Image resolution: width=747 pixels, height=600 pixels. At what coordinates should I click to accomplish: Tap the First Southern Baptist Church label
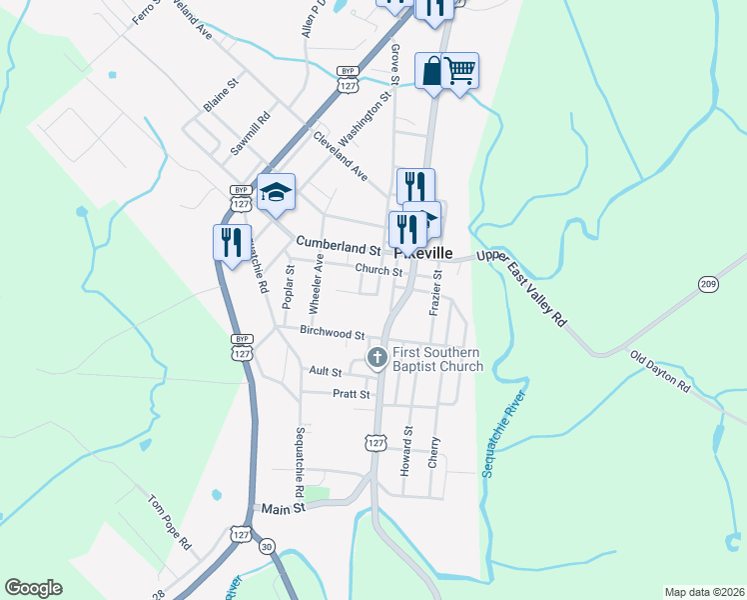[x=436, y=359]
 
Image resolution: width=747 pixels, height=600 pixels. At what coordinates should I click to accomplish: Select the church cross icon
[x=376, y=357]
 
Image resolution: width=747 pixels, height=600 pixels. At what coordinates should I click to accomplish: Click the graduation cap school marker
[x=276, y=192]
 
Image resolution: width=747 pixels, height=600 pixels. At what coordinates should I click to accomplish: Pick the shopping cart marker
[x=459, y=71]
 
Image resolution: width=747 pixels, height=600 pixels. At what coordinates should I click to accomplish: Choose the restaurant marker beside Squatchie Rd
[x=231, y=242]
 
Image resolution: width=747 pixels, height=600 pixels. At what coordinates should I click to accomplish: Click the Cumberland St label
[x=338, y=245]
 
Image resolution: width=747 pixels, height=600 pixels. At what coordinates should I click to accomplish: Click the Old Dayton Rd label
[x=659, y=371]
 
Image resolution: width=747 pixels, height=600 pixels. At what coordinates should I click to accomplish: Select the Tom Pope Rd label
[x=169, y=521]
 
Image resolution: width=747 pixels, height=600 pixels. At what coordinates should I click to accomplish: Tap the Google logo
[x=34, y=588]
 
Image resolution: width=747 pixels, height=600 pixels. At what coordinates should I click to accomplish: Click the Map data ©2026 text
[x=703, y=592]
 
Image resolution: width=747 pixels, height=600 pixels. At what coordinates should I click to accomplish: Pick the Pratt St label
[x=352, y=394]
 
